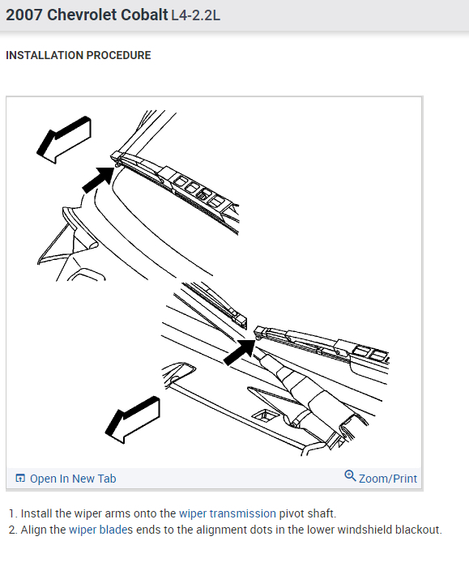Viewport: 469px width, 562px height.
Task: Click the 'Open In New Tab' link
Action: [x=73, y=479]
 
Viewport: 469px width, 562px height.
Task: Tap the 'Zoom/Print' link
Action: [x=388, y=479]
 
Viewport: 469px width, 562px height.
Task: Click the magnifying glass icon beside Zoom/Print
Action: [x=350, y=476]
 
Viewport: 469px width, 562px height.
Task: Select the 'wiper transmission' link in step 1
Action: [x=228, y=513]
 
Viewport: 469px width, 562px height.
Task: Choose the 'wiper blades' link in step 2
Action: [x=100, y=530]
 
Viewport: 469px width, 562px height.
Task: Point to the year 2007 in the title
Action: [x=24, y=15]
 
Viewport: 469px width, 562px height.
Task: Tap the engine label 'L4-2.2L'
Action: [x=195, y=15]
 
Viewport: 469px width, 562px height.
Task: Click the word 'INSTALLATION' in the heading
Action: [x=45, y=55]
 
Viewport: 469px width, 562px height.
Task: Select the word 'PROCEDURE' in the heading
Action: [x=119, y=55]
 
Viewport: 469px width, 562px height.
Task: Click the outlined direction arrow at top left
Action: [x=64, y=140]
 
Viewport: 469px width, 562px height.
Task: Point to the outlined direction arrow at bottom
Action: [x=132, y=419]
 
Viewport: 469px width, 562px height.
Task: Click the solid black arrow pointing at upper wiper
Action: [x=98, y=180]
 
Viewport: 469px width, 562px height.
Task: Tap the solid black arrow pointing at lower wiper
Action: [x=240, y=352]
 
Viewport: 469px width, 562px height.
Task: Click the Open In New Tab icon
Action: [x=20, y=478]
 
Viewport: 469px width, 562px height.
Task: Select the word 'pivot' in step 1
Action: [x=292, y=513]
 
